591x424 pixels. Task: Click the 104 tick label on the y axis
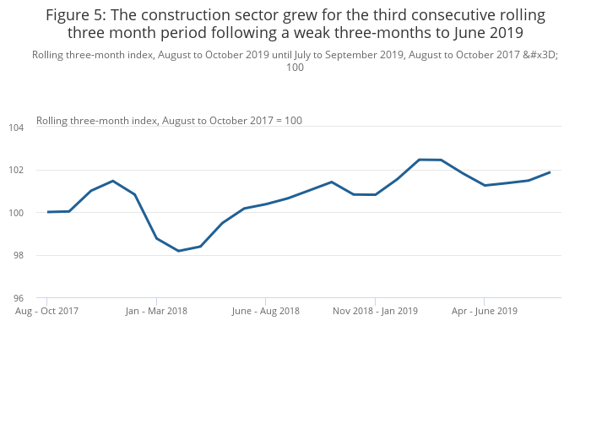coord(17,128)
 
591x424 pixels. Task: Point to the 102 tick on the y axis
coord(17,170)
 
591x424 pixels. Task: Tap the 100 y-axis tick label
coord(17,213)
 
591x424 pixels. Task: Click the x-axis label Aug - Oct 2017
coord(47,311)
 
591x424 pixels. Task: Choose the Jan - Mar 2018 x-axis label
coord(156,311)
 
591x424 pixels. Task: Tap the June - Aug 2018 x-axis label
coord(265,311)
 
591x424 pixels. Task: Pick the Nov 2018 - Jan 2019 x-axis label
coord(375,311)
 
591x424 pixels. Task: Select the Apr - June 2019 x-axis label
coord(484,311)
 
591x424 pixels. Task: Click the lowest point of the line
coord(178,251)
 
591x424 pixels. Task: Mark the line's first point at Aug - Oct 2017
coord(47,212)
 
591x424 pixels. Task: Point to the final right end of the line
coord(550,172)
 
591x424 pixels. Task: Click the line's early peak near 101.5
coord(112,181)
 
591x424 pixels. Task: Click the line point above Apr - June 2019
coord(484,185)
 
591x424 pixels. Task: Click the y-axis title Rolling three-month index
coord(96,121)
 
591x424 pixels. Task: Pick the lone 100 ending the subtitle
coord(295,68)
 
